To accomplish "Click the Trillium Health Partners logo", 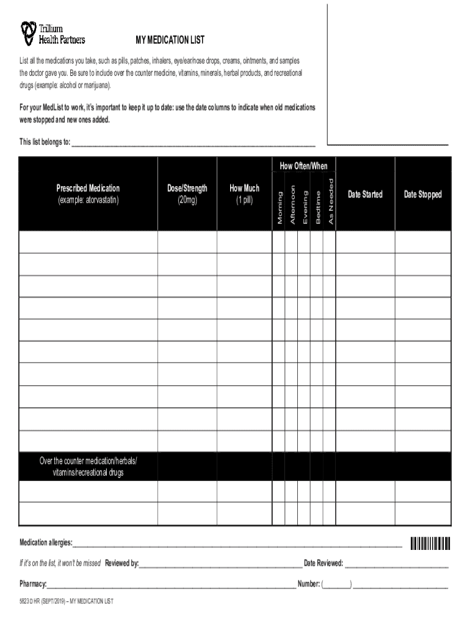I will [x=52, y=34].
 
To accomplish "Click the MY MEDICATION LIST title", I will [x=170, y=40].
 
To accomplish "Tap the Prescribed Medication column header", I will [x=88, y=193].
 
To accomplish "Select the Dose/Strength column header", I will [x=187, y=193].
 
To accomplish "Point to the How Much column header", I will [x=244, y=193].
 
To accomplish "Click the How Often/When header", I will [x=303, y=166].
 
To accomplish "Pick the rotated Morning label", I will [x=280, y=208].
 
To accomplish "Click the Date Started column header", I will [x=365, y=194].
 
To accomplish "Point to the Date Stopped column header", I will [x=422, y=194].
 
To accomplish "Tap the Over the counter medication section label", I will [x=88, y=466].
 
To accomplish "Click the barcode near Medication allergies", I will [x=430, y=543].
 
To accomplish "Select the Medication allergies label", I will [x=46, y=543].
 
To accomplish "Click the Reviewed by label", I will [x=121, y=563].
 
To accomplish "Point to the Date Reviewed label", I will [x=323, y=563].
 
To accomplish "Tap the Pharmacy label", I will [x=33, y=584].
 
